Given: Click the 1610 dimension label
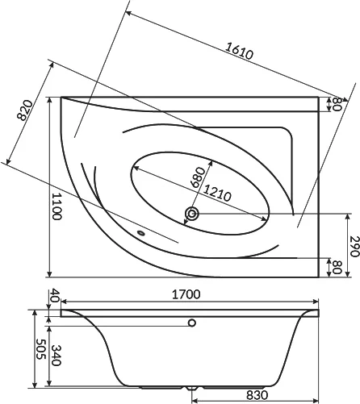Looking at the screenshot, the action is click(x=239, y=51).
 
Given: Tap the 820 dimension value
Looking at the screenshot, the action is click(x=24, y=110).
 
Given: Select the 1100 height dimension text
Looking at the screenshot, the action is click(x=57, y=206).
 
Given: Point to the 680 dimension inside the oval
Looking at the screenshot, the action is click(x=198, y=177).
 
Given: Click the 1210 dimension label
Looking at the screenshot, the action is click(x=217, y=193).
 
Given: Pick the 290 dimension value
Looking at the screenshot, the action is click(x=354, y=246).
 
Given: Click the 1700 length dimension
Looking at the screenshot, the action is click(x=186, y=294).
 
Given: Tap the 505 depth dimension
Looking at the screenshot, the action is click(x=40, y=349).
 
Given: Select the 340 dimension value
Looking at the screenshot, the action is click(x=56, y=356).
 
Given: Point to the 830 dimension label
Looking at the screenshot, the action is click(x=257, y=395).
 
